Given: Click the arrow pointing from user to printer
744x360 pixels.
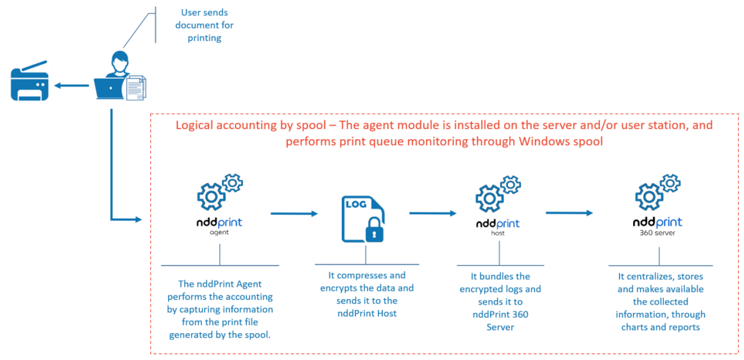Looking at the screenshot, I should [71, 85].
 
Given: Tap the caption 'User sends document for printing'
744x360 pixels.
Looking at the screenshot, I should [205, 25].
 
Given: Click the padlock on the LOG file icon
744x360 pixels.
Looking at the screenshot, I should [373, 230].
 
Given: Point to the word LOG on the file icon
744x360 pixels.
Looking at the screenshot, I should [357, 203].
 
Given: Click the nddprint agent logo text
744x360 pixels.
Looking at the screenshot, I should [219, 224].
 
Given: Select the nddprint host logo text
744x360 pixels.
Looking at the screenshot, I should [498, 225].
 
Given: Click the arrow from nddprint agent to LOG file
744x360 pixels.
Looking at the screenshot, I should [294, 214].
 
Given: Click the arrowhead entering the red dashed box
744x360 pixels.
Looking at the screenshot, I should [137, 220].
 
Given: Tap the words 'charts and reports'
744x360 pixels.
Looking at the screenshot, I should [660, 327].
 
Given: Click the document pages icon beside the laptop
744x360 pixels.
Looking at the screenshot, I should [137, 87].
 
